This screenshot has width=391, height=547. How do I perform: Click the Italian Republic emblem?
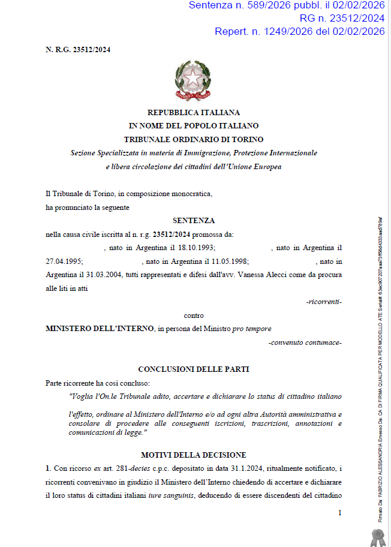[193, 81]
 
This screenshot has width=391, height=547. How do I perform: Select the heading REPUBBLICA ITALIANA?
[194, 112]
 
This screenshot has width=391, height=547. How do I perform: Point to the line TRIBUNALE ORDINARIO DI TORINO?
[194, 139]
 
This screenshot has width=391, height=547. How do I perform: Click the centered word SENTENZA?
[194, 221]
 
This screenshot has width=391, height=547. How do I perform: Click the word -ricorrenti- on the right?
[324, 302]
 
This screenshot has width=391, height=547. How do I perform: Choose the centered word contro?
[194, 315]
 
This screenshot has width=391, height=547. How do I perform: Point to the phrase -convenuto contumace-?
[305, 342]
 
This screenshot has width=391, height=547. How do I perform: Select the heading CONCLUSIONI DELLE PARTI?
[194, 369]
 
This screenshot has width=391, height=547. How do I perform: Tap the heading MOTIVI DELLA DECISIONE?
[194, 455]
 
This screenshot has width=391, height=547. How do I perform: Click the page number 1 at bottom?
[339, 513]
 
